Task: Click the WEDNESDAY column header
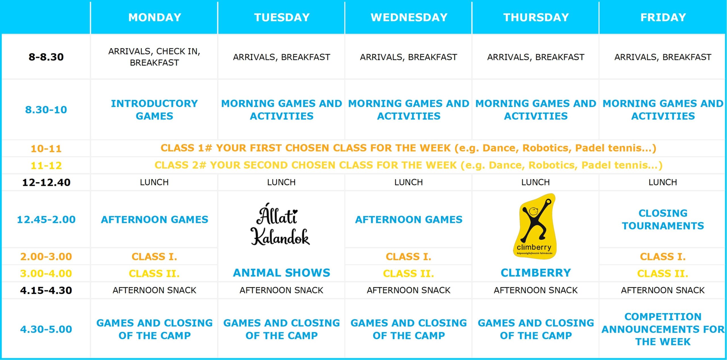409,17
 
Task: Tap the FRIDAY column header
663,17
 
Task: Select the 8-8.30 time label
46,57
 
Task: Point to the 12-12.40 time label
46,182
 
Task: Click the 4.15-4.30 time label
46,290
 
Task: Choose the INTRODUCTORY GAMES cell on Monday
154,110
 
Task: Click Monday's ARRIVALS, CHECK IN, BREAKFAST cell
154,57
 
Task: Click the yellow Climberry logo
535,226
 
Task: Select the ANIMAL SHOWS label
281,273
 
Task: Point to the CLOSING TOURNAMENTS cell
663,219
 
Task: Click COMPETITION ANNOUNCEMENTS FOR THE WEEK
663,329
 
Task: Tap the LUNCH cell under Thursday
536,182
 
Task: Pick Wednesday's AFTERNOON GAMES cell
409,219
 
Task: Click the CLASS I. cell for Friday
663,256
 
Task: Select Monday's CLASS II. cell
154,273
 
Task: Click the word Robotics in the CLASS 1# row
547,148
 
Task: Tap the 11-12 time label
46,166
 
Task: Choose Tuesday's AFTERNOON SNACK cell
281,290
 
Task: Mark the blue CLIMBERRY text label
536,273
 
